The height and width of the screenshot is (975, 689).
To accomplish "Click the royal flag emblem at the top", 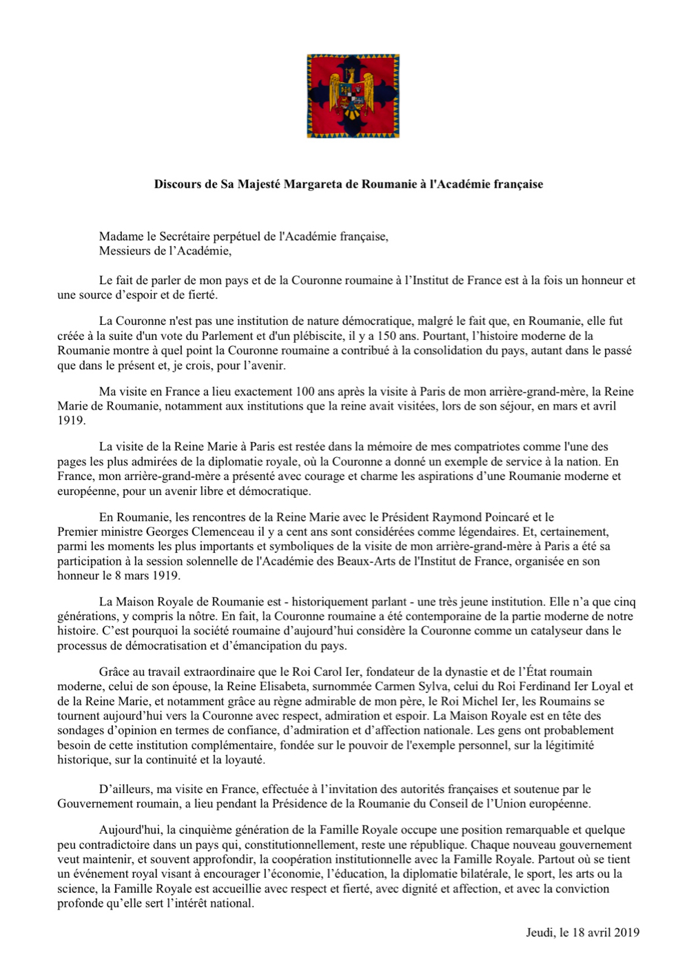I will click(353, 97).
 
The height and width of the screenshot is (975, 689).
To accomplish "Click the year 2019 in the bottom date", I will click(626, 933).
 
